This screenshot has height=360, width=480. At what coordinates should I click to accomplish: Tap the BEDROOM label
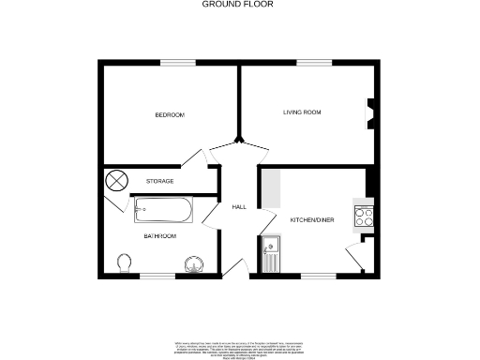tap(170, 114)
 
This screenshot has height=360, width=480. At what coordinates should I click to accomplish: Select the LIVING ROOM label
tap(303, 112)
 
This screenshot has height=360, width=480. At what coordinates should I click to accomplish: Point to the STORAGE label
tap(160, 180)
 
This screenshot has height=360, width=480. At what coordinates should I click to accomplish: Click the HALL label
tap(238, 206)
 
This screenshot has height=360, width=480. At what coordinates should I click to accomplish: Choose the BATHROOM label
tap(159, 236)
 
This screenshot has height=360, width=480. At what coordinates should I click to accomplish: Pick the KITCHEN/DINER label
tap(312, 219)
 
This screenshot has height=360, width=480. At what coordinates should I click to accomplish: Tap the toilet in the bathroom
tap(124, 262)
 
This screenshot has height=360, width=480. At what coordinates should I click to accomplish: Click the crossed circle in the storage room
tap(117, 179)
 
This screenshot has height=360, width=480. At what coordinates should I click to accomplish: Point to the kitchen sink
tap(270, 248)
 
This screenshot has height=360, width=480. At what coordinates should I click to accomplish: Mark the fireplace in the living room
tap(369, 113)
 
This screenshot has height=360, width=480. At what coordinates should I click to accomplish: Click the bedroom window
tap(177, 63)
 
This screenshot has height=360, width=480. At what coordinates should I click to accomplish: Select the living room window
tap(308, 63)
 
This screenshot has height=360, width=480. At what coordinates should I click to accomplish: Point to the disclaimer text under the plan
tap(239, 346)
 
